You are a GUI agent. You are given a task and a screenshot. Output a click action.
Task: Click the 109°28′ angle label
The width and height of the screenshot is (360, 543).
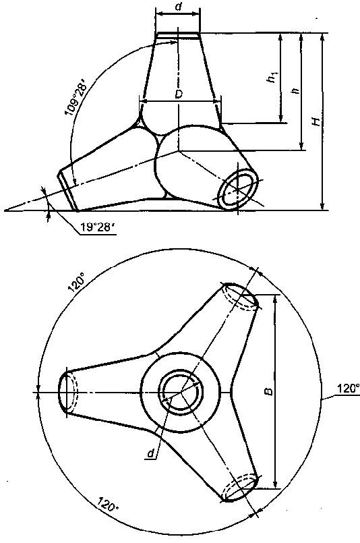(76, 98)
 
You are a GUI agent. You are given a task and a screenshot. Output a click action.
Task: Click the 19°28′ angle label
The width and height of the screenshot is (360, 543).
(95, 227)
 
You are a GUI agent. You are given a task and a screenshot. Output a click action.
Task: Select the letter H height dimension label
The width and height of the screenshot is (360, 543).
(316, 121)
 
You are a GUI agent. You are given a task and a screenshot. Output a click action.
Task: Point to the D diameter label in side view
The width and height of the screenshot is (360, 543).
(178, 94)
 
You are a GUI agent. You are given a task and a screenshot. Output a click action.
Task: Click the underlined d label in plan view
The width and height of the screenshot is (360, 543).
(150, 453)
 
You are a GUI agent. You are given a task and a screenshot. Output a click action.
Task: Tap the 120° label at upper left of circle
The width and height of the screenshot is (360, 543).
(77, 283)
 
